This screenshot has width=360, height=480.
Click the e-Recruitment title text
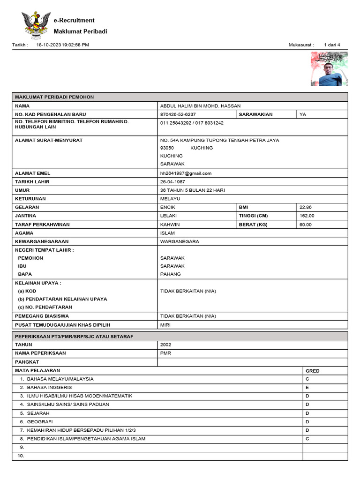click(x=74, y=21)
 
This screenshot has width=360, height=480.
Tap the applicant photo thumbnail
click(x=329, y=69)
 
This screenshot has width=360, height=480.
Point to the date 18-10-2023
click(x=49, y=45)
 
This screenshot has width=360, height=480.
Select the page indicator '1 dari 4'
click(x=332, y=45)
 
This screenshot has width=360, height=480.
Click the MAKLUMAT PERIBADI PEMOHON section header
click(x=54, y=97)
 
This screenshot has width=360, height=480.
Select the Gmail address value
click(x=186, y=173)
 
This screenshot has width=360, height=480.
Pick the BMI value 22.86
click(x=306, y=207)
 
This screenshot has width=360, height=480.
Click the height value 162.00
click(x=307, y=216)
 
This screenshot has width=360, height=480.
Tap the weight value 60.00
click(x=306, y=225)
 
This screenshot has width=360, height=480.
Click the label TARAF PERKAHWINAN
click(x=42, y=225)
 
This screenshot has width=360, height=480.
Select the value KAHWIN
click(x=170, y=225)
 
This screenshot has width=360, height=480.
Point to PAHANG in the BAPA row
click(x=170, y=274)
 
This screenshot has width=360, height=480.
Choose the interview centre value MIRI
click(x=166, y=325)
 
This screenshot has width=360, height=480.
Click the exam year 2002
click(x=166, y=345)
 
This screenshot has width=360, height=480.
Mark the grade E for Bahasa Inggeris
click(x=307, y=388)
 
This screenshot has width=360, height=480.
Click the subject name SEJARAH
click(x=38, y=413)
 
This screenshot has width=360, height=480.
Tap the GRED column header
click(x=312, y=371)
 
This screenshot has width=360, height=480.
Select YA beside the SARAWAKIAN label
click(x=303, y=114)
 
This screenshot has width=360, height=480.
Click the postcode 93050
click(x=167, y=148)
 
